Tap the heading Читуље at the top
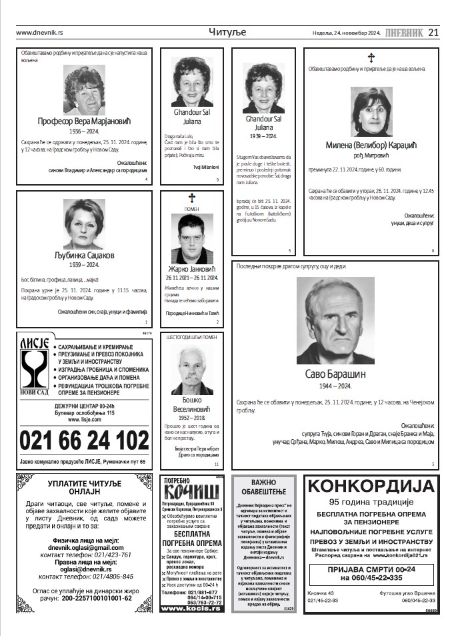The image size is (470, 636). click(227, 32)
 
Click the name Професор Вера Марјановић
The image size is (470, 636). click(83, 121)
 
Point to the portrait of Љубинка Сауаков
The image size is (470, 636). click(84, 224)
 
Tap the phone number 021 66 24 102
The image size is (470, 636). click(84, 441)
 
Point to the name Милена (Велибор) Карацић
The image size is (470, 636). click(371, 145)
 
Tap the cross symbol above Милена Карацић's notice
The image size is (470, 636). click(371, 57)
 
